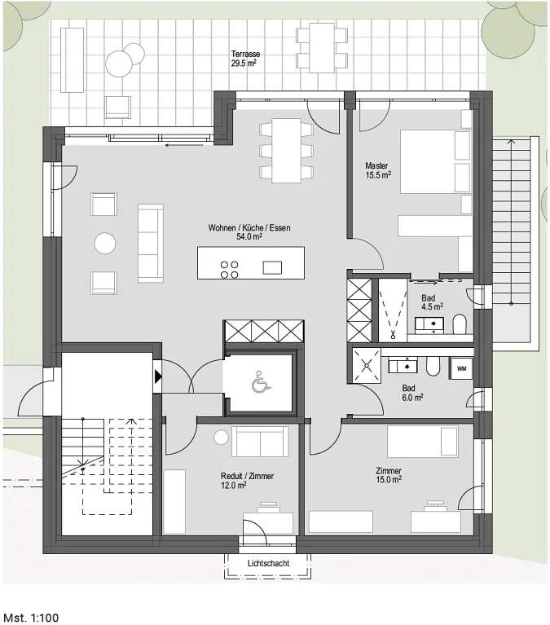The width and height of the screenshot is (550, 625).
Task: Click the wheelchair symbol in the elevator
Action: coord(261,381)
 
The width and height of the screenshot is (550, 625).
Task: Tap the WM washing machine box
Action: coord(461,368)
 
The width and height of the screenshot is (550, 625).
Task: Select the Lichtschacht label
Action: coord(268,563)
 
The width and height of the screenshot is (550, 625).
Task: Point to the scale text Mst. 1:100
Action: coord(31,618)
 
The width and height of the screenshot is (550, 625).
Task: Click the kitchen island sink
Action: coord(272,268)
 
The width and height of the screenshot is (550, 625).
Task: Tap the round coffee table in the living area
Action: coord(105,243)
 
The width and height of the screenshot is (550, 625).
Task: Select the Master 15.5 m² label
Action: coord(378,169)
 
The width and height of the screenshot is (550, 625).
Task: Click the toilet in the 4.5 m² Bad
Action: coord(460,324)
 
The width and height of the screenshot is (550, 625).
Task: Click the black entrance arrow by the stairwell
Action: coord(158,376)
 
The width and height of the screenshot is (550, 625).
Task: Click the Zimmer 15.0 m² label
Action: coord(389,475)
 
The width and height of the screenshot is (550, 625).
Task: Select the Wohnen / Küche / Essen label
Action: coord(249,232)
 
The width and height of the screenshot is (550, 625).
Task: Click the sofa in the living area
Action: coord(151,243)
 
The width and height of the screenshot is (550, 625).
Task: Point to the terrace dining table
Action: coord(322,47)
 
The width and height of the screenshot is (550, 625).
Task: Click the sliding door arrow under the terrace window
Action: coord(184,145)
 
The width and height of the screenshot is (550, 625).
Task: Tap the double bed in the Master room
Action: coord(436,161)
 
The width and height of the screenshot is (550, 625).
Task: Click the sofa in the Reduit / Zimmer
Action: coord(260,441)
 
